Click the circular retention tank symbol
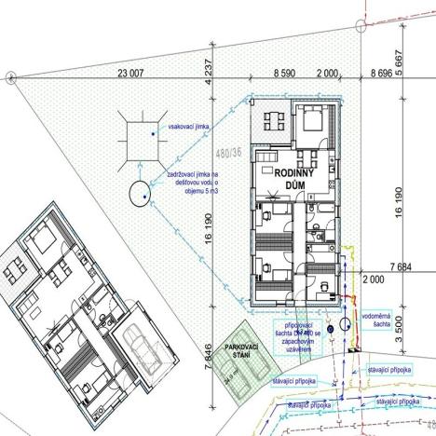[x=140, y=194]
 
